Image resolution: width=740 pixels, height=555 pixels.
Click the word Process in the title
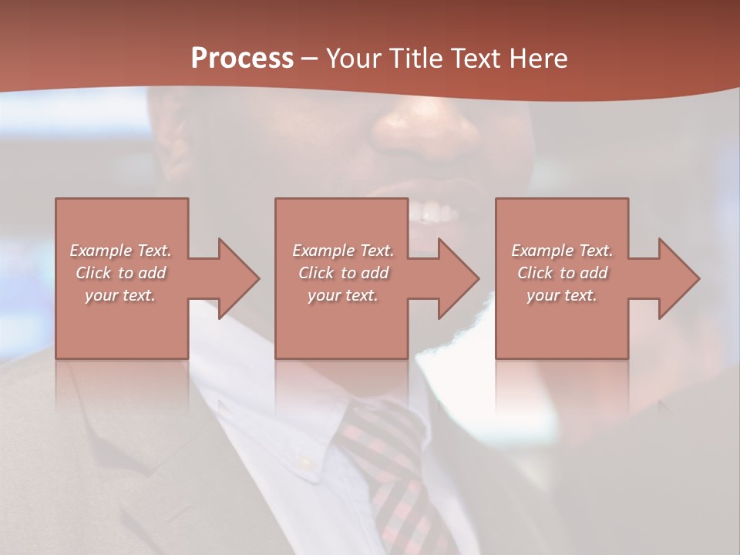click(242, 58)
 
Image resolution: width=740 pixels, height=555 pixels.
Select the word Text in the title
click(473, 58)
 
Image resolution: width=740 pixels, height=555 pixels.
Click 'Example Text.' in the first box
click(121, 251)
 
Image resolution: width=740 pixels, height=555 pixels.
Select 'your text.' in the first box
click(121, 295)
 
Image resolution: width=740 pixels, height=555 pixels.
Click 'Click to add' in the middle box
click(343, 273)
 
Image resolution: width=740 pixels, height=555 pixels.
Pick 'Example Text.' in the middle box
click(343, 251)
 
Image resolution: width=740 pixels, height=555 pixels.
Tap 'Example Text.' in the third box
click(562, 251)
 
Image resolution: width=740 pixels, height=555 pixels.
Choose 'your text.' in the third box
click(562, 295)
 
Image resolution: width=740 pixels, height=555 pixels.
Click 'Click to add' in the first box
click(121, 273)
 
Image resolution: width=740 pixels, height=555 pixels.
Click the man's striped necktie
click(389, 462)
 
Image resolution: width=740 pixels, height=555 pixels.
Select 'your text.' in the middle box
click(343, 295)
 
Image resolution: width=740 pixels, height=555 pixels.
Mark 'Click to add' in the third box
click(562, 273)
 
